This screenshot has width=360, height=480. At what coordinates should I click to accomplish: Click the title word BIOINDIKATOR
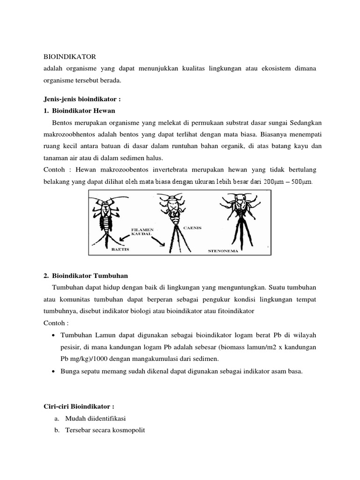69,57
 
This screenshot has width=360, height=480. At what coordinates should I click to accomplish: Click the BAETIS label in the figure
120,250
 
